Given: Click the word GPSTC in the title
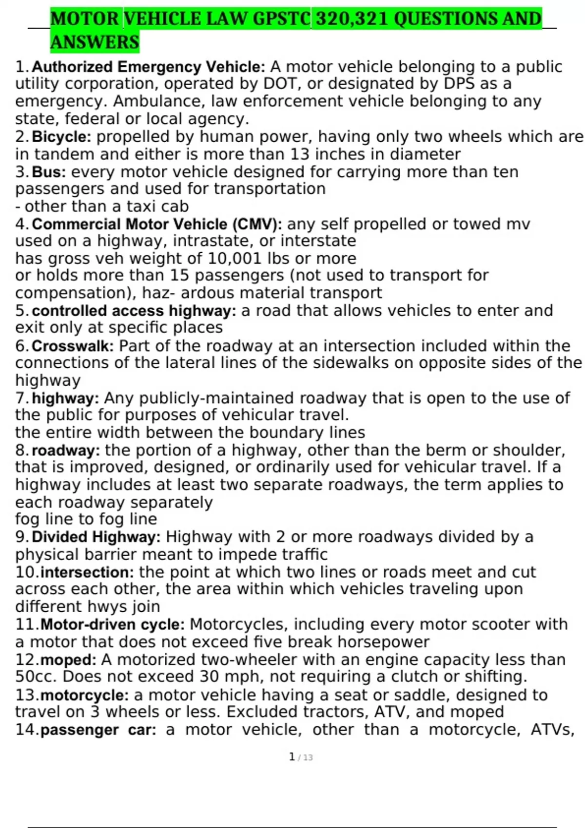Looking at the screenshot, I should point(280,19).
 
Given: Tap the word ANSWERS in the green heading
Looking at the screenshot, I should point(95,42).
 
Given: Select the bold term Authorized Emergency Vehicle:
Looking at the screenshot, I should point(148,67).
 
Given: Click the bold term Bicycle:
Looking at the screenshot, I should point(61,136).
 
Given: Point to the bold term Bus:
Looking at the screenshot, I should point(49,172).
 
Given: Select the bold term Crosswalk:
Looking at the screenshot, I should point(73,346).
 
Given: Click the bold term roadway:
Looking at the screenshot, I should point(66,450).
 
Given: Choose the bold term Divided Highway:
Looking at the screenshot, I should point(96,537).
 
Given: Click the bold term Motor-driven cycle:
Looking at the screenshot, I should point(112,624).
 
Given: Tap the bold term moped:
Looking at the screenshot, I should point(68,660).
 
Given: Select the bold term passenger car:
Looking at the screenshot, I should point(98,730).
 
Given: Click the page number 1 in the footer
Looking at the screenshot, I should point(292,757).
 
